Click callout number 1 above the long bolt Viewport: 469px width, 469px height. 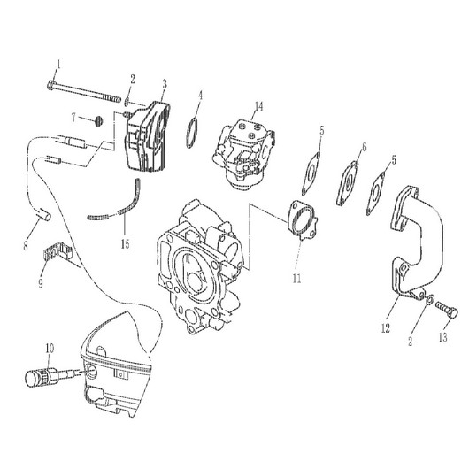58,65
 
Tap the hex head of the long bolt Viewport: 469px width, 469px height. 51,85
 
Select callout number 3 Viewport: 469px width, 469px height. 165,85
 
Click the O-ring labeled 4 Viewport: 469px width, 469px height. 192,133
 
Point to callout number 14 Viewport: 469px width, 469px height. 258,106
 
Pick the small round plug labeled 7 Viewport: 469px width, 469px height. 99,121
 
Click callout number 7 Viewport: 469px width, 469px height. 73,117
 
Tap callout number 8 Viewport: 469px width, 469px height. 26,246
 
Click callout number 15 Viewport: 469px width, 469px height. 126,244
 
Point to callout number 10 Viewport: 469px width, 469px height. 50,348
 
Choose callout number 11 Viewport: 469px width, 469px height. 296,279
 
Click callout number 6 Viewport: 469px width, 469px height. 364,147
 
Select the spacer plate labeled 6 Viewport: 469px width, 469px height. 348,183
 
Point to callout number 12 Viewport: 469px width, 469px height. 386,328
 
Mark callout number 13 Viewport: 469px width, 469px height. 443,337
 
